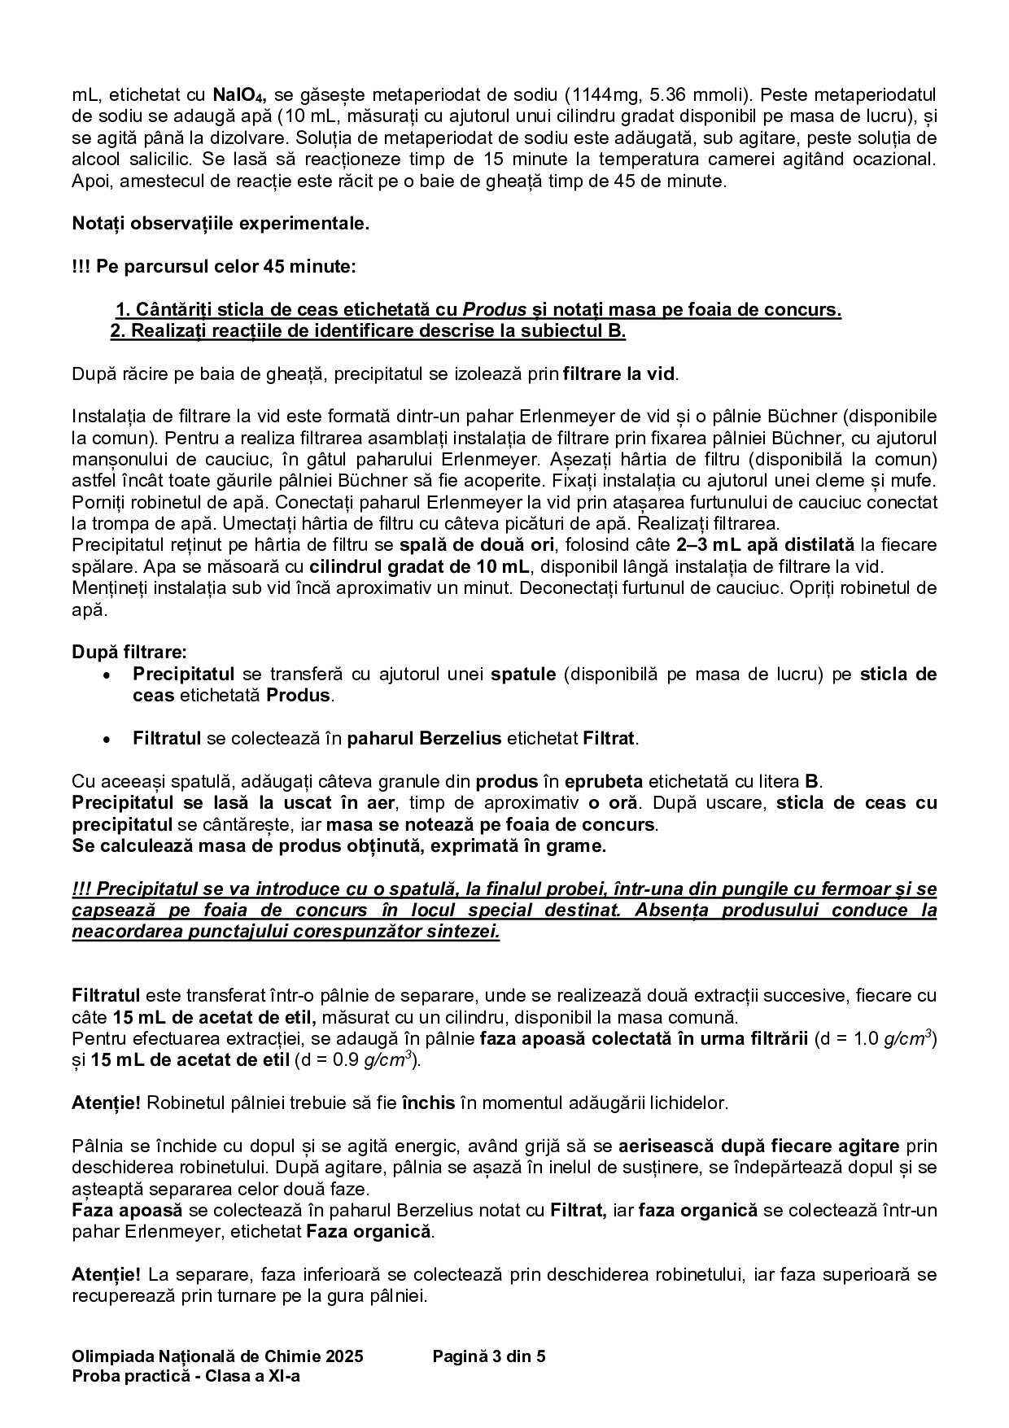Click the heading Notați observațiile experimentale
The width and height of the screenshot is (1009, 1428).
pyautogui.click(x=221, y=224)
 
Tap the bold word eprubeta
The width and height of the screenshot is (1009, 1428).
pyautogui.click(x=603, y=782)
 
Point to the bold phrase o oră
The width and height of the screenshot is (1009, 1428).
pyautogui.click(x=607, y=803)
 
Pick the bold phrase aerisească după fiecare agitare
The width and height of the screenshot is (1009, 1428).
pyautogui.click(x=759, y=1146)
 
